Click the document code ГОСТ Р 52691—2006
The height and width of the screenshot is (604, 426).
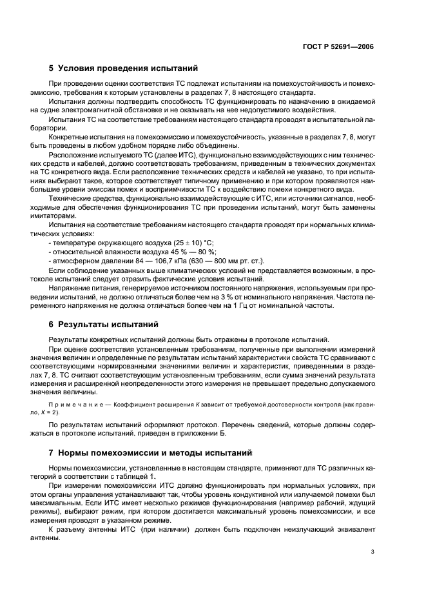coord(340,46)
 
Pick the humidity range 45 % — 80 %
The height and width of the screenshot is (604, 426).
coord(187,250)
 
